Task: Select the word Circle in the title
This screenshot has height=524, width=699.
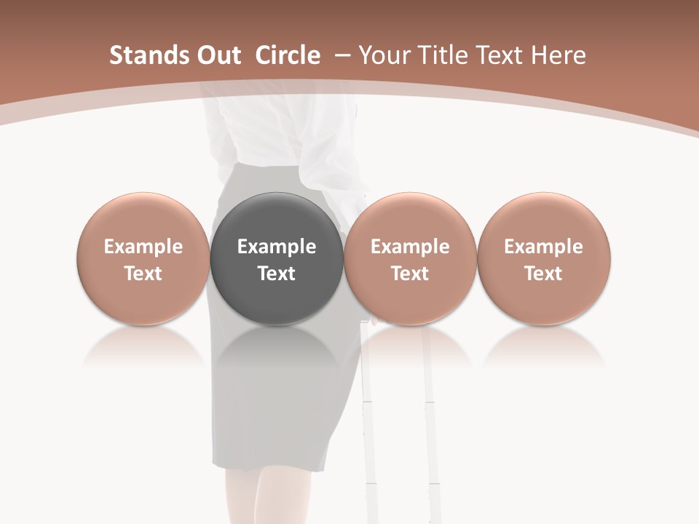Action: tap(288, 55)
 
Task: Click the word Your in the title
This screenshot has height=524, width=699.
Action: tap(384, 55)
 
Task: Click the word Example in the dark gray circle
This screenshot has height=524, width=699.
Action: tap(277, 247)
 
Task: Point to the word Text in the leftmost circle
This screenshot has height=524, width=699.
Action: tap(143, 274)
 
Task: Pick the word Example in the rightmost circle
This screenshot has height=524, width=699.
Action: tap(543, 247)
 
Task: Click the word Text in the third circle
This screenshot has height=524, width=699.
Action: tap(410, 274)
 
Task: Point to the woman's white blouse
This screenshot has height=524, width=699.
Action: tap(277, 131)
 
